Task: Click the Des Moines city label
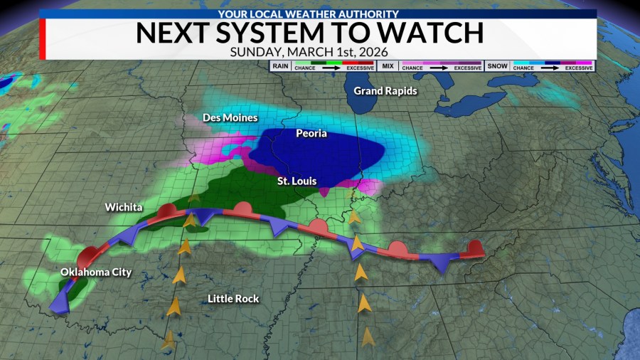coord(230,117)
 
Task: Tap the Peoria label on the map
coord(312,133)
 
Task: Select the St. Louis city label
coord(297,181)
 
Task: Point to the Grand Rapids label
coord(385,91)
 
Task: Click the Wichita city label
coord(124,207)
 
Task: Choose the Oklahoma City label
coord(96,272)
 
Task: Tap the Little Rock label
coord(233,299)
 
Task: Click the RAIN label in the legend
coord(279,66)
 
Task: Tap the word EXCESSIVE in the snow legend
coord(580,69)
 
